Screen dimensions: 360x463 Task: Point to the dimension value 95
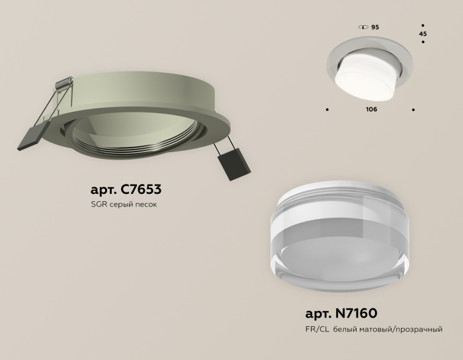pos(375,27)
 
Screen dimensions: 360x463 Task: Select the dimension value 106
pos(371,109)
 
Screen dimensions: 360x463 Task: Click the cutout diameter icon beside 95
pos(362,27)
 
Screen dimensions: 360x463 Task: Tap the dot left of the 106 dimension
pos(327,109)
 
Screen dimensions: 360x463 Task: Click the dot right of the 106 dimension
pos(414,109)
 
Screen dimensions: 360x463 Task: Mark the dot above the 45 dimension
pos(423,24)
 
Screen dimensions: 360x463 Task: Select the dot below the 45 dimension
pos(423,43)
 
